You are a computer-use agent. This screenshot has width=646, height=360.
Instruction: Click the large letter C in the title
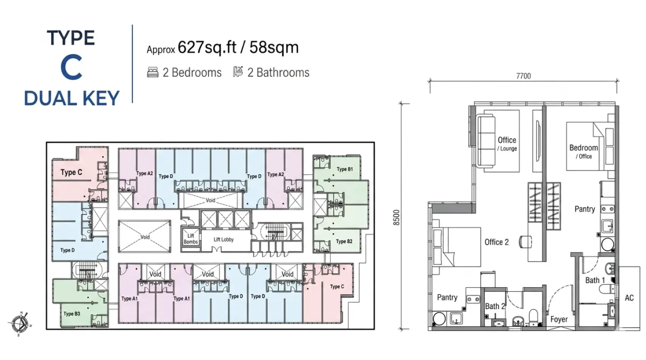pos(72,68)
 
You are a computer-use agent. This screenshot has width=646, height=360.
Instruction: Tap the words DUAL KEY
pos(72,98)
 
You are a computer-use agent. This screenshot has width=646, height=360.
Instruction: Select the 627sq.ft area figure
pos(207,47)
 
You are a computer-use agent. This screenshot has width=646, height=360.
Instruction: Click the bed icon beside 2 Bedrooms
pos(152,72)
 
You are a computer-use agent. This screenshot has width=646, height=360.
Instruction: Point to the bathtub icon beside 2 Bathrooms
pos(238,72)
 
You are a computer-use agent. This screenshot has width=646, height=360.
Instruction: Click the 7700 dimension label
pos(523,76)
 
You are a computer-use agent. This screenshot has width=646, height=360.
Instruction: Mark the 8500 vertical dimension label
pos(397,217)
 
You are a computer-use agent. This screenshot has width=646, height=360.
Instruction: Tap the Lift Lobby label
pos(223,239)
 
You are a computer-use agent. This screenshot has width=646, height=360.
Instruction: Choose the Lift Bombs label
pos(191,239)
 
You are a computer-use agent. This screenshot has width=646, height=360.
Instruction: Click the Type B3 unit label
pos(72,314)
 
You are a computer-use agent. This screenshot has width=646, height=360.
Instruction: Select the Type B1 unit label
pos(345,169)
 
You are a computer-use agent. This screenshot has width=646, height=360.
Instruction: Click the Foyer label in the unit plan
pos(559,319)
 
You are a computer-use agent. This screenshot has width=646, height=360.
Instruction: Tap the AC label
pos(629,298)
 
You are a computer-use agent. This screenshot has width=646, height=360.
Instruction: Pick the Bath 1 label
pos(595,280)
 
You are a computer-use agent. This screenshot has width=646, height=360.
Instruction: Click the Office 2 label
pos(496,242)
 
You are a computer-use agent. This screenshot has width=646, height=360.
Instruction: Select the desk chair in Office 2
pos(525,242)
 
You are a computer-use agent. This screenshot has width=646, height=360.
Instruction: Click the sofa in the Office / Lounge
pos(486,140)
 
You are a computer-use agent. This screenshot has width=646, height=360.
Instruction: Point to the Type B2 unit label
pos(344,242)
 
